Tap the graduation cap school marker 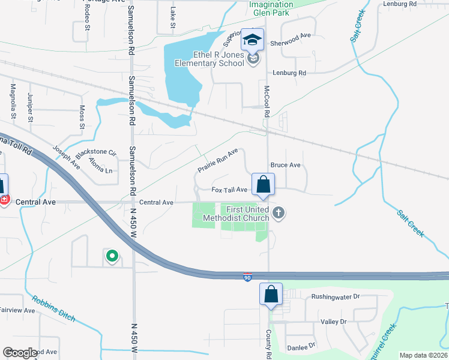[253, 40]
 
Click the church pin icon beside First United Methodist [278, 212]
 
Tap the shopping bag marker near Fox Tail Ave [263, 184]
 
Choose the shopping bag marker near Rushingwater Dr [271, 295]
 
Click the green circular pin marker [112, 257]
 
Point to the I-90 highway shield [247, 278]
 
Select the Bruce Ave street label [285, 164]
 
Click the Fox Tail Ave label [229, 190]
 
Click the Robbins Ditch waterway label [53, 308]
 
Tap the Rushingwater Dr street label [334, 296]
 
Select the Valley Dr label [334, 322]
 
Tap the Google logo [20, 353]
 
